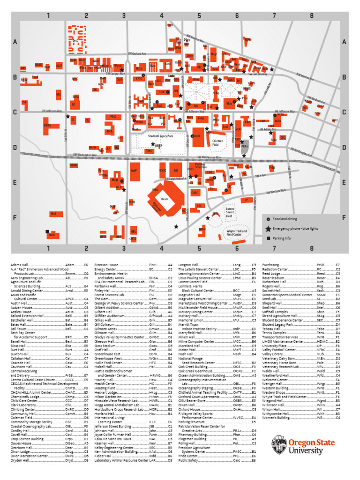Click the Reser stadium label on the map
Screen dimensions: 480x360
coord(165,199)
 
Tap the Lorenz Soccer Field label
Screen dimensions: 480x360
coord(230,213)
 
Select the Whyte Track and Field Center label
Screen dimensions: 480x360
coord(237,232)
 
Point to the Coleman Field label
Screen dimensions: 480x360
coord(217,142)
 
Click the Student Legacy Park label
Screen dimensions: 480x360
coord(154,136)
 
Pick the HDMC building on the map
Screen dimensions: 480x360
coord(74,165)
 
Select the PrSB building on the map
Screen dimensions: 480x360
coord(272,167)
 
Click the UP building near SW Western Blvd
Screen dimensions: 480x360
coord(246,200)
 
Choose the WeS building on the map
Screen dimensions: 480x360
coord(54,214)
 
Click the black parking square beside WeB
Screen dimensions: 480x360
coord(47,231)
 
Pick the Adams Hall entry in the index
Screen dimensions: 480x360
coord(20,265)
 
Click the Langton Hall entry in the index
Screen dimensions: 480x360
coord(188,265)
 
